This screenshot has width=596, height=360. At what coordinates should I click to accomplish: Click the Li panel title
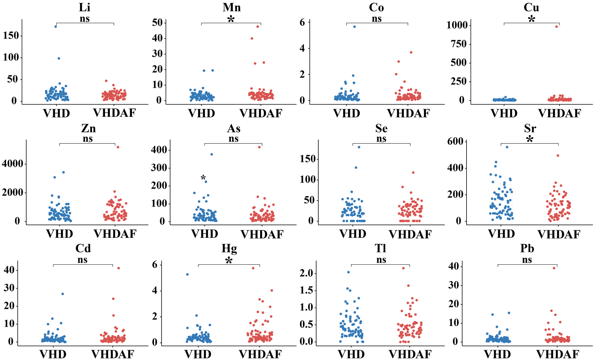coord(84,7)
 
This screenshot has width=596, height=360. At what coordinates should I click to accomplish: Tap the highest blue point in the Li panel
coord(56,27)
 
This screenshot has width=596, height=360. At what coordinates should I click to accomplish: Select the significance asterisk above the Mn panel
coord(231,19)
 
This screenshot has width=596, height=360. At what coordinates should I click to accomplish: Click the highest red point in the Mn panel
coord(258,27)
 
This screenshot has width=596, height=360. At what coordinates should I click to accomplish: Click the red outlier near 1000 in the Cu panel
coord(557,27)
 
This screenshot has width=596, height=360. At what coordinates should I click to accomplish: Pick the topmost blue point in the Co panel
coord(354,27)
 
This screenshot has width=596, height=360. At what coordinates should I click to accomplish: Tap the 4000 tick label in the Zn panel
coord(13,164)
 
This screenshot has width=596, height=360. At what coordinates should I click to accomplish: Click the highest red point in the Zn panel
coord(118,147)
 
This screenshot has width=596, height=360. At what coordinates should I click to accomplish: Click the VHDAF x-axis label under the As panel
coord(262,234)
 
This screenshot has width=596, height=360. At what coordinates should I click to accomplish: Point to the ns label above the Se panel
coord(381,139)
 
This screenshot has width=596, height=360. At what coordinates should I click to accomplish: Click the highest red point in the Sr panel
coord(558,156)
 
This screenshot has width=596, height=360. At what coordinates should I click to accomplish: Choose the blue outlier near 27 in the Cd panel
coord(62,294)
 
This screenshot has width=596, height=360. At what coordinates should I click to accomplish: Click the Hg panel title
coord(229,249)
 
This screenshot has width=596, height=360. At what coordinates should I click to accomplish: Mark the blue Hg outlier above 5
coord(187,275)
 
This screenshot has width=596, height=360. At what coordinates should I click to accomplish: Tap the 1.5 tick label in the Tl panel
coord(306,291)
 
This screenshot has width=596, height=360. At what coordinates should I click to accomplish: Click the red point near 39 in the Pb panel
coord(554,268)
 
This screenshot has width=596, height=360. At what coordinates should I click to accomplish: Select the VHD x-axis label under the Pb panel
coord(498,354)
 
